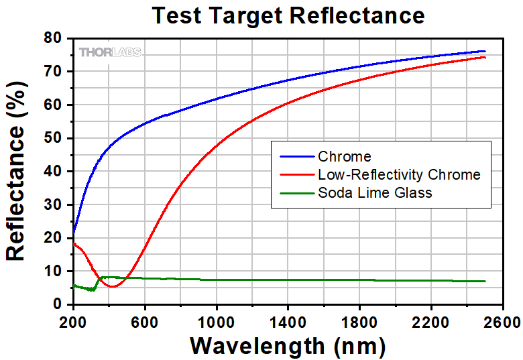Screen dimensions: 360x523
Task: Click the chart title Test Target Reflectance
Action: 288,15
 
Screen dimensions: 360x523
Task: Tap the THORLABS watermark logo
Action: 111,52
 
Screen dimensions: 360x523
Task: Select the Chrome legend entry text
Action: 345,157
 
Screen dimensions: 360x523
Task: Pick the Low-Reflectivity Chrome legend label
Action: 399,175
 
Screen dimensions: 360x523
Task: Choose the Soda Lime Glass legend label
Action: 375,193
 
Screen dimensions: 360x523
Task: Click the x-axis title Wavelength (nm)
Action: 288,346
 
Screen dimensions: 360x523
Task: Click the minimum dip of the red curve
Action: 113,287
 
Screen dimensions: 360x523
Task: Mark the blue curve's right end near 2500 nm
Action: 484,51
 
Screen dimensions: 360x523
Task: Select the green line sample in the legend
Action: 294,193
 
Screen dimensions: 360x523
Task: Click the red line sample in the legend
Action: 294,175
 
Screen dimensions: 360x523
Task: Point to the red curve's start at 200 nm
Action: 74,243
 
